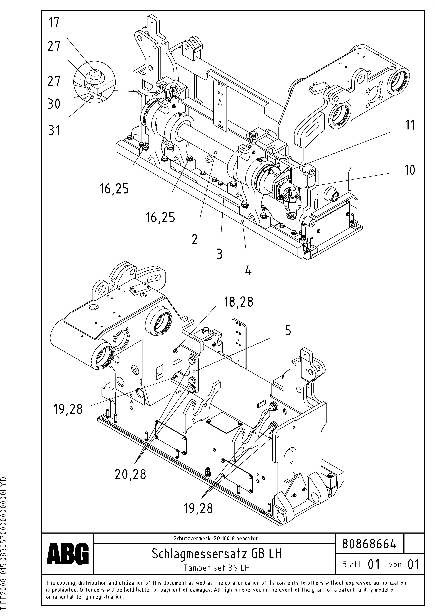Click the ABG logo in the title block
(x=67, y=553)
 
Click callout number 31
(x=54, y=131)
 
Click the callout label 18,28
(x=238, y=302)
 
